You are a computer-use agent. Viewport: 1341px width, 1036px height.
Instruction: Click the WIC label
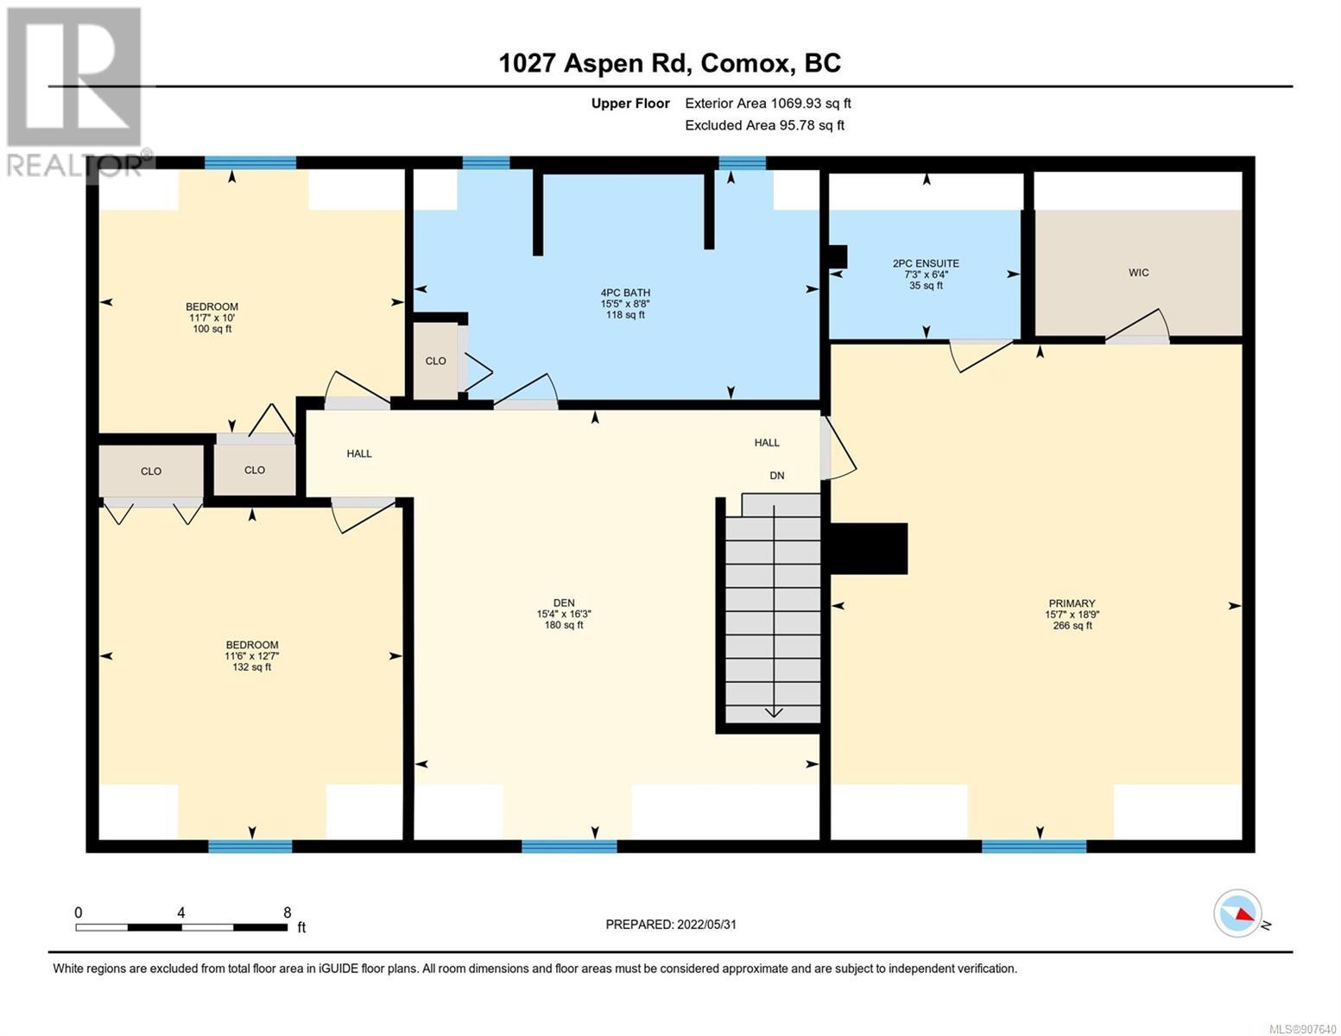tap(1138, 273)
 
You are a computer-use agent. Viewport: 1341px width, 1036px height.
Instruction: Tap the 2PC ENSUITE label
tap(926, 263)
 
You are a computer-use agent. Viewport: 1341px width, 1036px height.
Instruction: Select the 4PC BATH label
tap(625, 293)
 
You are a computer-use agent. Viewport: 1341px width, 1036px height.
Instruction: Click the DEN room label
tap(564, 603)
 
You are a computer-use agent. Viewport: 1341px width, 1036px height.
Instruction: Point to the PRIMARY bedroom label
tap(1072, 603)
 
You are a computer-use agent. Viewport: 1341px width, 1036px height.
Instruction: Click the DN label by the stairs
tap(776, 475)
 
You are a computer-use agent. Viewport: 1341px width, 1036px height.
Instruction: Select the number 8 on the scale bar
tap(287, 913)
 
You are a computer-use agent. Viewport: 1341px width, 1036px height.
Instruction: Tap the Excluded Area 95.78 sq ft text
tap(764, 125)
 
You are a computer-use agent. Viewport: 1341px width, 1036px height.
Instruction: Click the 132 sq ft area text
tap(252, 666)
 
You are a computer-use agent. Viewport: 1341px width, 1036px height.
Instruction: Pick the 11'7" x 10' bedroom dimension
tap(212, 317)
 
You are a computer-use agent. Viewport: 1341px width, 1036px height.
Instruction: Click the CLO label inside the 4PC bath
tap(436, 361)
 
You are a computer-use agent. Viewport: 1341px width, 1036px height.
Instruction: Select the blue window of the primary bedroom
tap(1034, 846)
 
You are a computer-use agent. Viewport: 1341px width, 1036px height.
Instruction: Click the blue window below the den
tap(569, 846)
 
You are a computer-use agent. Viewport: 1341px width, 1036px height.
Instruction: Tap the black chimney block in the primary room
tap(869, 548)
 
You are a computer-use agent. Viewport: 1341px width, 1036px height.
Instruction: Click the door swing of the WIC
tap(1136, 325)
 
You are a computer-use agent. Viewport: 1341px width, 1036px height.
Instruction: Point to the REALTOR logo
tap(75, 92)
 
